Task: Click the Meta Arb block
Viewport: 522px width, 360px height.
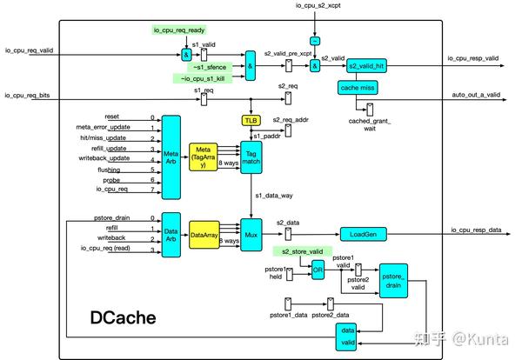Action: click(x=171, y=155)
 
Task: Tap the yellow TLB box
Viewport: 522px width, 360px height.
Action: click(x=250, y=120)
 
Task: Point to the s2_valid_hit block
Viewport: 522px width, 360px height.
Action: click(x=368, y=66)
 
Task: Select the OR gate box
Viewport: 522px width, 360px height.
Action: click(x=318, y=270)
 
